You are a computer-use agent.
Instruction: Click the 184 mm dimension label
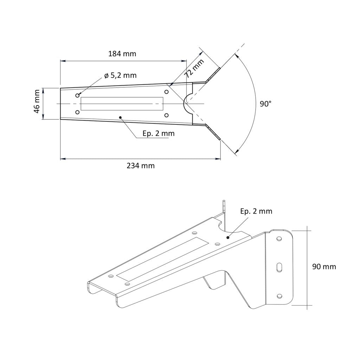coord(122,54)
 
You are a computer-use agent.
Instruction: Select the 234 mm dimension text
coord(141,166)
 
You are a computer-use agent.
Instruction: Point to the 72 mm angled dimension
coord(194,69)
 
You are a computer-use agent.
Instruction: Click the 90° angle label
coord(265,104)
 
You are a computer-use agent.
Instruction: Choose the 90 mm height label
coord(324,266)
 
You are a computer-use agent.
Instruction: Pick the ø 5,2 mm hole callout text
coord(120,75)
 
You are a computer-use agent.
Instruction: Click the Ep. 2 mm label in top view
coord(159,133)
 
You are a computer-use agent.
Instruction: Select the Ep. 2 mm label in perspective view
coord(256,211)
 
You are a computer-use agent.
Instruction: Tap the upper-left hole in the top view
coord(78,95)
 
